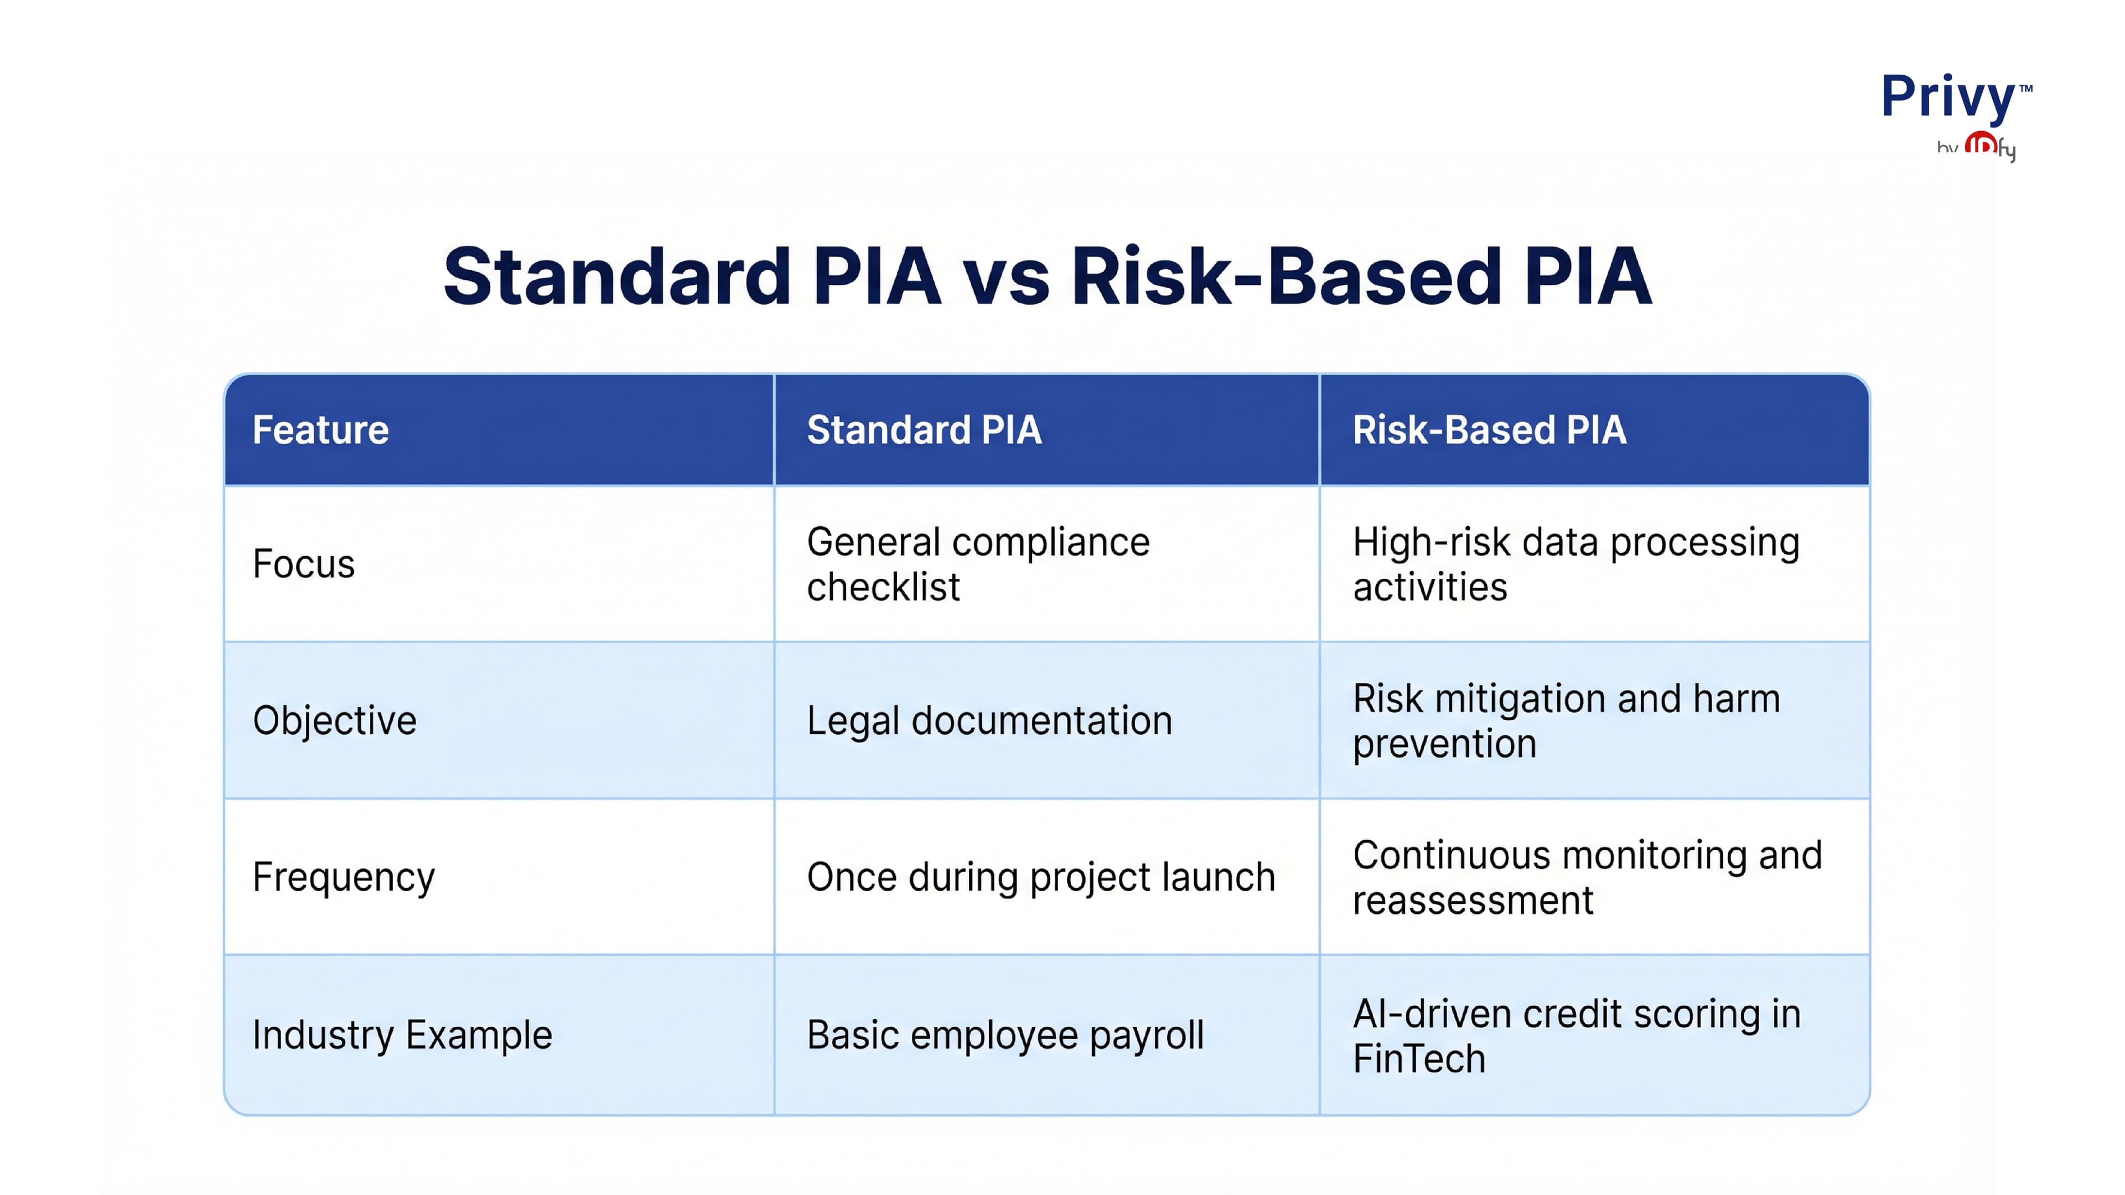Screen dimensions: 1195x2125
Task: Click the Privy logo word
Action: [1948, 97]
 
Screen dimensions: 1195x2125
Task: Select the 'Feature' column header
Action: [320, 430]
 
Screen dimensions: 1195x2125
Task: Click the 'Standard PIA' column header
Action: [924, 430]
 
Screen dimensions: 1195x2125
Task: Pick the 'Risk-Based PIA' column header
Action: [1489, 430]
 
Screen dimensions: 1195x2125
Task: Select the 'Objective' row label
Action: [334, 721]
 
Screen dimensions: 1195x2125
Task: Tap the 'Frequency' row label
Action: [343, 877]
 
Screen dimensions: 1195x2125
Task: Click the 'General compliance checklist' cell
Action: [977, 564]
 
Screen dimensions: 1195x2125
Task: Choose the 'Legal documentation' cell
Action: [989, 721]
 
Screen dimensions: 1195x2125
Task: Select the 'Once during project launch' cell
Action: [1040, 877]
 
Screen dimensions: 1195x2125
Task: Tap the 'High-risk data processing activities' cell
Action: [1575, 564]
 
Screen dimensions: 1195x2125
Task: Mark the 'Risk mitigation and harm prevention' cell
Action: [1566, 721]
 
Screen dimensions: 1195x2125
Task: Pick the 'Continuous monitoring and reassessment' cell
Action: [1587, 877]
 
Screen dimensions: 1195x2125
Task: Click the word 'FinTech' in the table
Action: [1419, 1059]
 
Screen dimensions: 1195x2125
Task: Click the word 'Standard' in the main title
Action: [617, 277]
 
